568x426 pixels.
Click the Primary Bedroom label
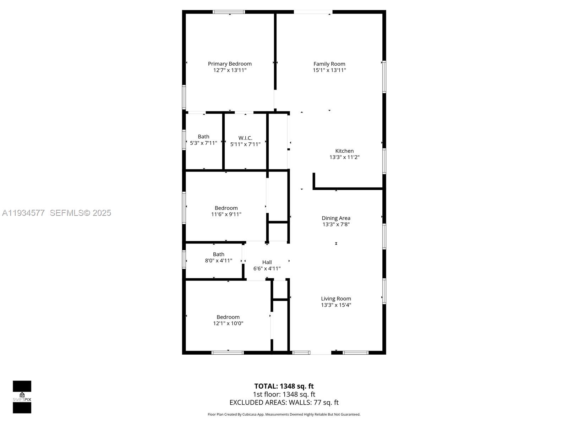(230, 64)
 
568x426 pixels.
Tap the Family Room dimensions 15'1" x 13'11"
(329, 70)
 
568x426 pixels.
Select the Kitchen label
(344, 151)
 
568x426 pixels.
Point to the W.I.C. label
(245, 138)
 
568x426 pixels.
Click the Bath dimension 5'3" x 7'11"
(203, 143)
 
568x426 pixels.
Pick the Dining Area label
(336, 218)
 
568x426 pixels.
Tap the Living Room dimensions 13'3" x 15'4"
(336, 305)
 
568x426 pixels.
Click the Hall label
(267, 262)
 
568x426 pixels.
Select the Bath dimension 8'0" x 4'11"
(218, 261)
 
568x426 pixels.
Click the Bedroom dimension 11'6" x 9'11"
(226, 214)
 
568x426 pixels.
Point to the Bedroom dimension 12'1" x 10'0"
(228, 323)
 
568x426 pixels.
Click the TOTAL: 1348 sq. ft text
(284, 386)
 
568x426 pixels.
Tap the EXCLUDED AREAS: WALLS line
(284, 403)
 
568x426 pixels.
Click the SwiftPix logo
(22, 397)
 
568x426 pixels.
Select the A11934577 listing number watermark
(23, 213)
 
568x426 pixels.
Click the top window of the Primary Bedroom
(229, 12)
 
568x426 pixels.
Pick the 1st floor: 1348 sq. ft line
(284, 394)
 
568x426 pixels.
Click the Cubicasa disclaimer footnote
(284, 414)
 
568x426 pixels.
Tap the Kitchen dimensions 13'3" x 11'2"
(344, 157)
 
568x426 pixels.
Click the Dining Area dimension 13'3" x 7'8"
(336, 224)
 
